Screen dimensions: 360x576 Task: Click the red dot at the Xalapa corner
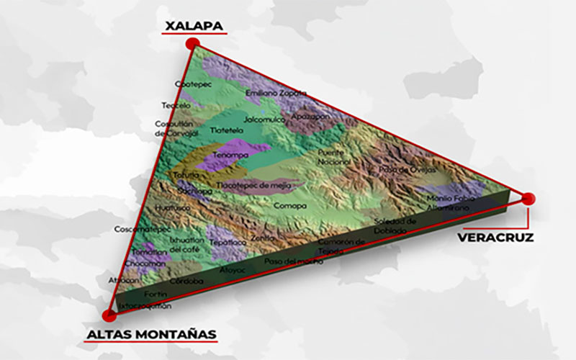[192, 44]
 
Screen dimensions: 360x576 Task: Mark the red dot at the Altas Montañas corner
[109, 314]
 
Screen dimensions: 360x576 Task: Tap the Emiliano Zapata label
[276, 93]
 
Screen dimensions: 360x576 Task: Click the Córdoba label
[186, 280]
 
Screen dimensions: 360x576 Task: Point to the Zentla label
[263, 237]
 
